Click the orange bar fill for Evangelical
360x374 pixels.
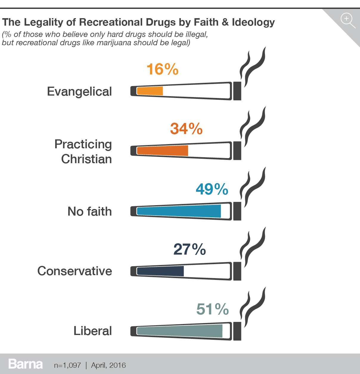[x=150, y=91]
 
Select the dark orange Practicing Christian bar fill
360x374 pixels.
[x=162, y=151]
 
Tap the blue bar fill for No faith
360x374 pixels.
[x=179, y=211]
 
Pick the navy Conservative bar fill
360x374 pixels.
[x=160, y=271]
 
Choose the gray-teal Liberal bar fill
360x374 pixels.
[x=180, y=331]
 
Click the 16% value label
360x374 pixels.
[x=162, y=69]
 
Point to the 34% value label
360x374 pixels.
[x=186, y=129]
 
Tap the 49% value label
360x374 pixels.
[x=212, y=189]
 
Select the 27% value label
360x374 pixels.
[x=190, y=249]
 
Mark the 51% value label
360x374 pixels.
[x=212, y=309]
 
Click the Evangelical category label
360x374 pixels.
[x=79, y=91]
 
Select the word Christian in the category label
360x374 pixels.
[x=86, y=159]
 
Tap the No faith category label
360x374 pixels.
[x=90, y=211]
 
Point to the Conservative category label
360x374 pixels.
[x=75, y=271]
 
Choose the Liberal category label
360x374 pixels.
[x=93, y=331]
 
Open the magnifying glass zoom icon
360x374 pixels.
[x=347, y=20]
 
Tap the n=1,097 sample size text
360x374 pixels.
[x=67, y=365]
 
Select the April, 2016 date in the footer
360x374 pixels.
[x=108, y=365]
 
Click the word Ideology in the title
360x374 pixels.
[x=253, y=22]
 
